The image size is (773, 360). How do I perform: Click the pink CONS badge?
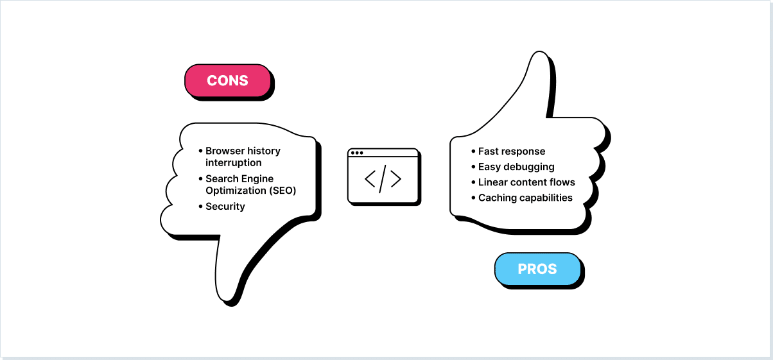pos(227,81)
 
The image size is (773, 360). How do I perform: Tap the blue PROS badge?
pos(537,269)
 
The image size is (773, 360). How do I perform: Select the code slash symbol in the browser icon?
pos(383,180)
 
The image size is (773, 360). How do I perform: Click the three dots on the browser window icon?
pos(356,153)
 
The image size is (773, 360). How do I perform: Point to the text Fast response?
pos(512,151)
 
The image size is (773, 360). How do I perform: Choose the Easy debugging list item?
pos(516,167)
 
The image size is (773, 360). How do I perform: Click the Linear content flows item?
pos(526,182)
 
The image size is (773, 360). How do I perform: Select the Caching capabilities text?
pos(525,198)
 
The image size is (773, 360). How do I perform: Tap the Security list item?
pos(225,206)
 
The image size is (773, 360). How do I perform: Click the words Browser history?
pos(243,151)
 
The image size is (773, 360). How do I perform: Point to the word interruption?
pos(234,162)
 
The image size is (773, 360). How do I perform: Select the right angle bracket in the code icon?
pos(395,180)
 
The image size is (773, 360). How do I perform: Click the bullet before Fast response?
pos(473,151)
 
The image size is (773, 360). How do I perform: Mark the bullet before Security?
pos(200,206)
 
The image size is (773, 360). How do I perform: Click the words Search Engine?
pos(239,178)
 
